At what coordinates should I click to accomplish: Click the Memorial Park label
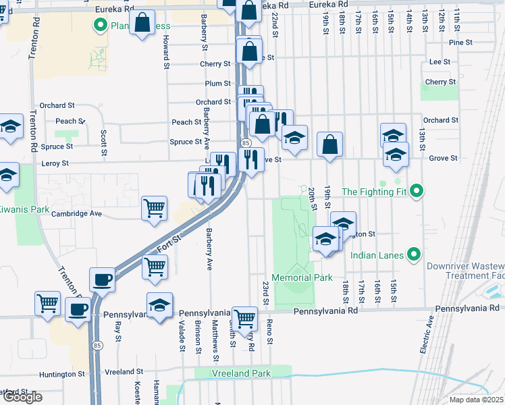click(x=302, y=277)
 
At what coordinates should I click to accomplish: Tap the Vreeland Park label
click(x=241, y=373)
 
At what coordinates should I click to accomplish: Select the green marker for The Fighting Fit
click(x=417, y=192)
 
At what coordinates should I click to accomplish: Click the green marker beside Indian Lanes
click(x=415, y=255)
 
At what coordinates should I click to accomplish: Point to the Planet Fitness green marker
click(x=101, y=26)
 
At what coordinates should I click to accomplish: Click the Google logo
click(x=22, y=397)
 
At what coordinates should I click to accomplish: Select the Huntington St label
click(x=63, y=373)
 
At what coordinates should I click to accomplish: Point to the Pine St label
click(x=460, y=42)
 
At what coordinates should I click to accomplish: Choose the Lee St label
click(x=440, y=61)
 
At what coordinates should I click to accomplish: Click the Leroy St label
click(x=56, y=163)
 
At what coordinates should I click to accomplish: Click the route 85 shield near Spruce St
click(x=246, y=143)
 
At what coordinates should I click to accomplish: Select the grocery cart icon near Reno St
click(x=244, y=317)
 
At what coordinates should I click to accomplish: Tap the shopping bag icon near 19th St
click(x=329, y=144)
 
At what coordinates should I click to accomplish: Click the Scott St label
click(x=104, y=142)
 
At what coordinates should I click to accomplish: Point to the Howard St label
click(x=165, y=53)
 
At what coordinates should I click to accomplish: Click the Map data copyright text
click(x=477, y=400)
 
